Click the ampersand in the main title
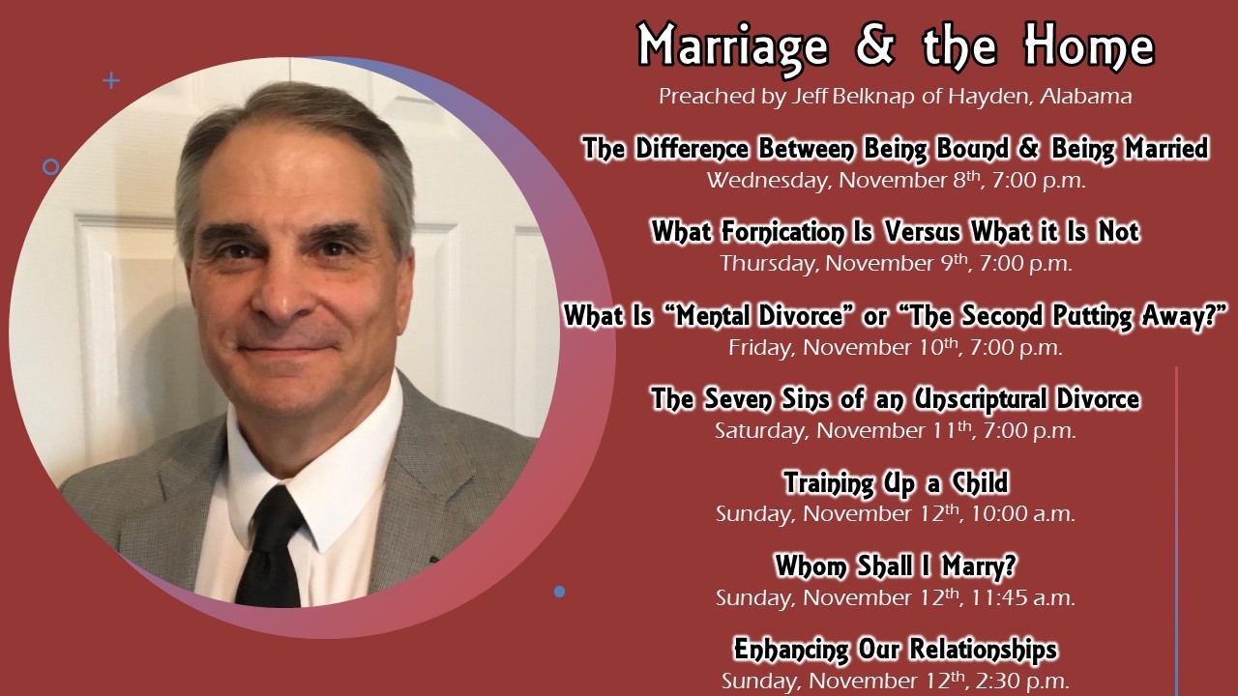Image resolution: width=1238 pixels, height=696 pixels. point(875,44)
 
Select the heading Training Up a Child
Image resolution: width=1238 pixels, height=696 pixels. point(896,483)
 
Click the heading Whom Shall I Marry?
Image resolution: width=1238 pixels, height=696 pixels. point(896,566)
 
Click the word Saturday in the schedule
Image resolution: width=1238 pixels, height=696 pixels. point(760,431)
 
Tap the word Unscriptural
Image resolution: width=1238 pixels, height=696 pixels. point(979,399)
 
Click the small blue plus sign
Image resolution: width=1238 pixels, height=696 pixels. point(111,80)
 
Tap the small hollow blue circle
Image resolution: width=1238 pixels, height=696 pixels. point(51,167)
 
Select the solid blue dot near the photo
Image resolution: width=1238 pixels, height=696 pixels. point(559,592)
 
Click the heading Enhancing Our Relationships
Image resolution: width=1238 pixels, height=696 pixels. point(896,650)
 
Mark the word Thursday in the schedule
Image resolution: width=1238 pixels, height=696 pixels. point(768,264)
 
